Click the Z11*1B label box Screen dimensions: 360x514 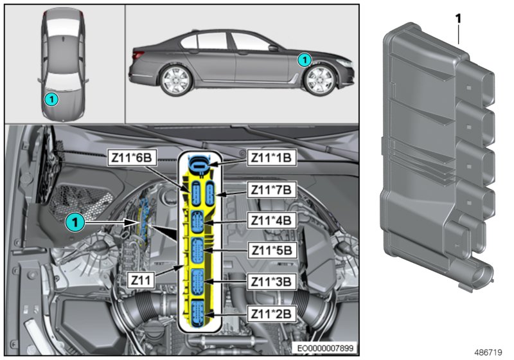click(270, 157)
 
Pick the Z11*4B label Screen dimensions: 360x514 click(270, 220)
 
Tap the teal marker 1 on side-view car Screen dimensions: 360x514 click(305, 59)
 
